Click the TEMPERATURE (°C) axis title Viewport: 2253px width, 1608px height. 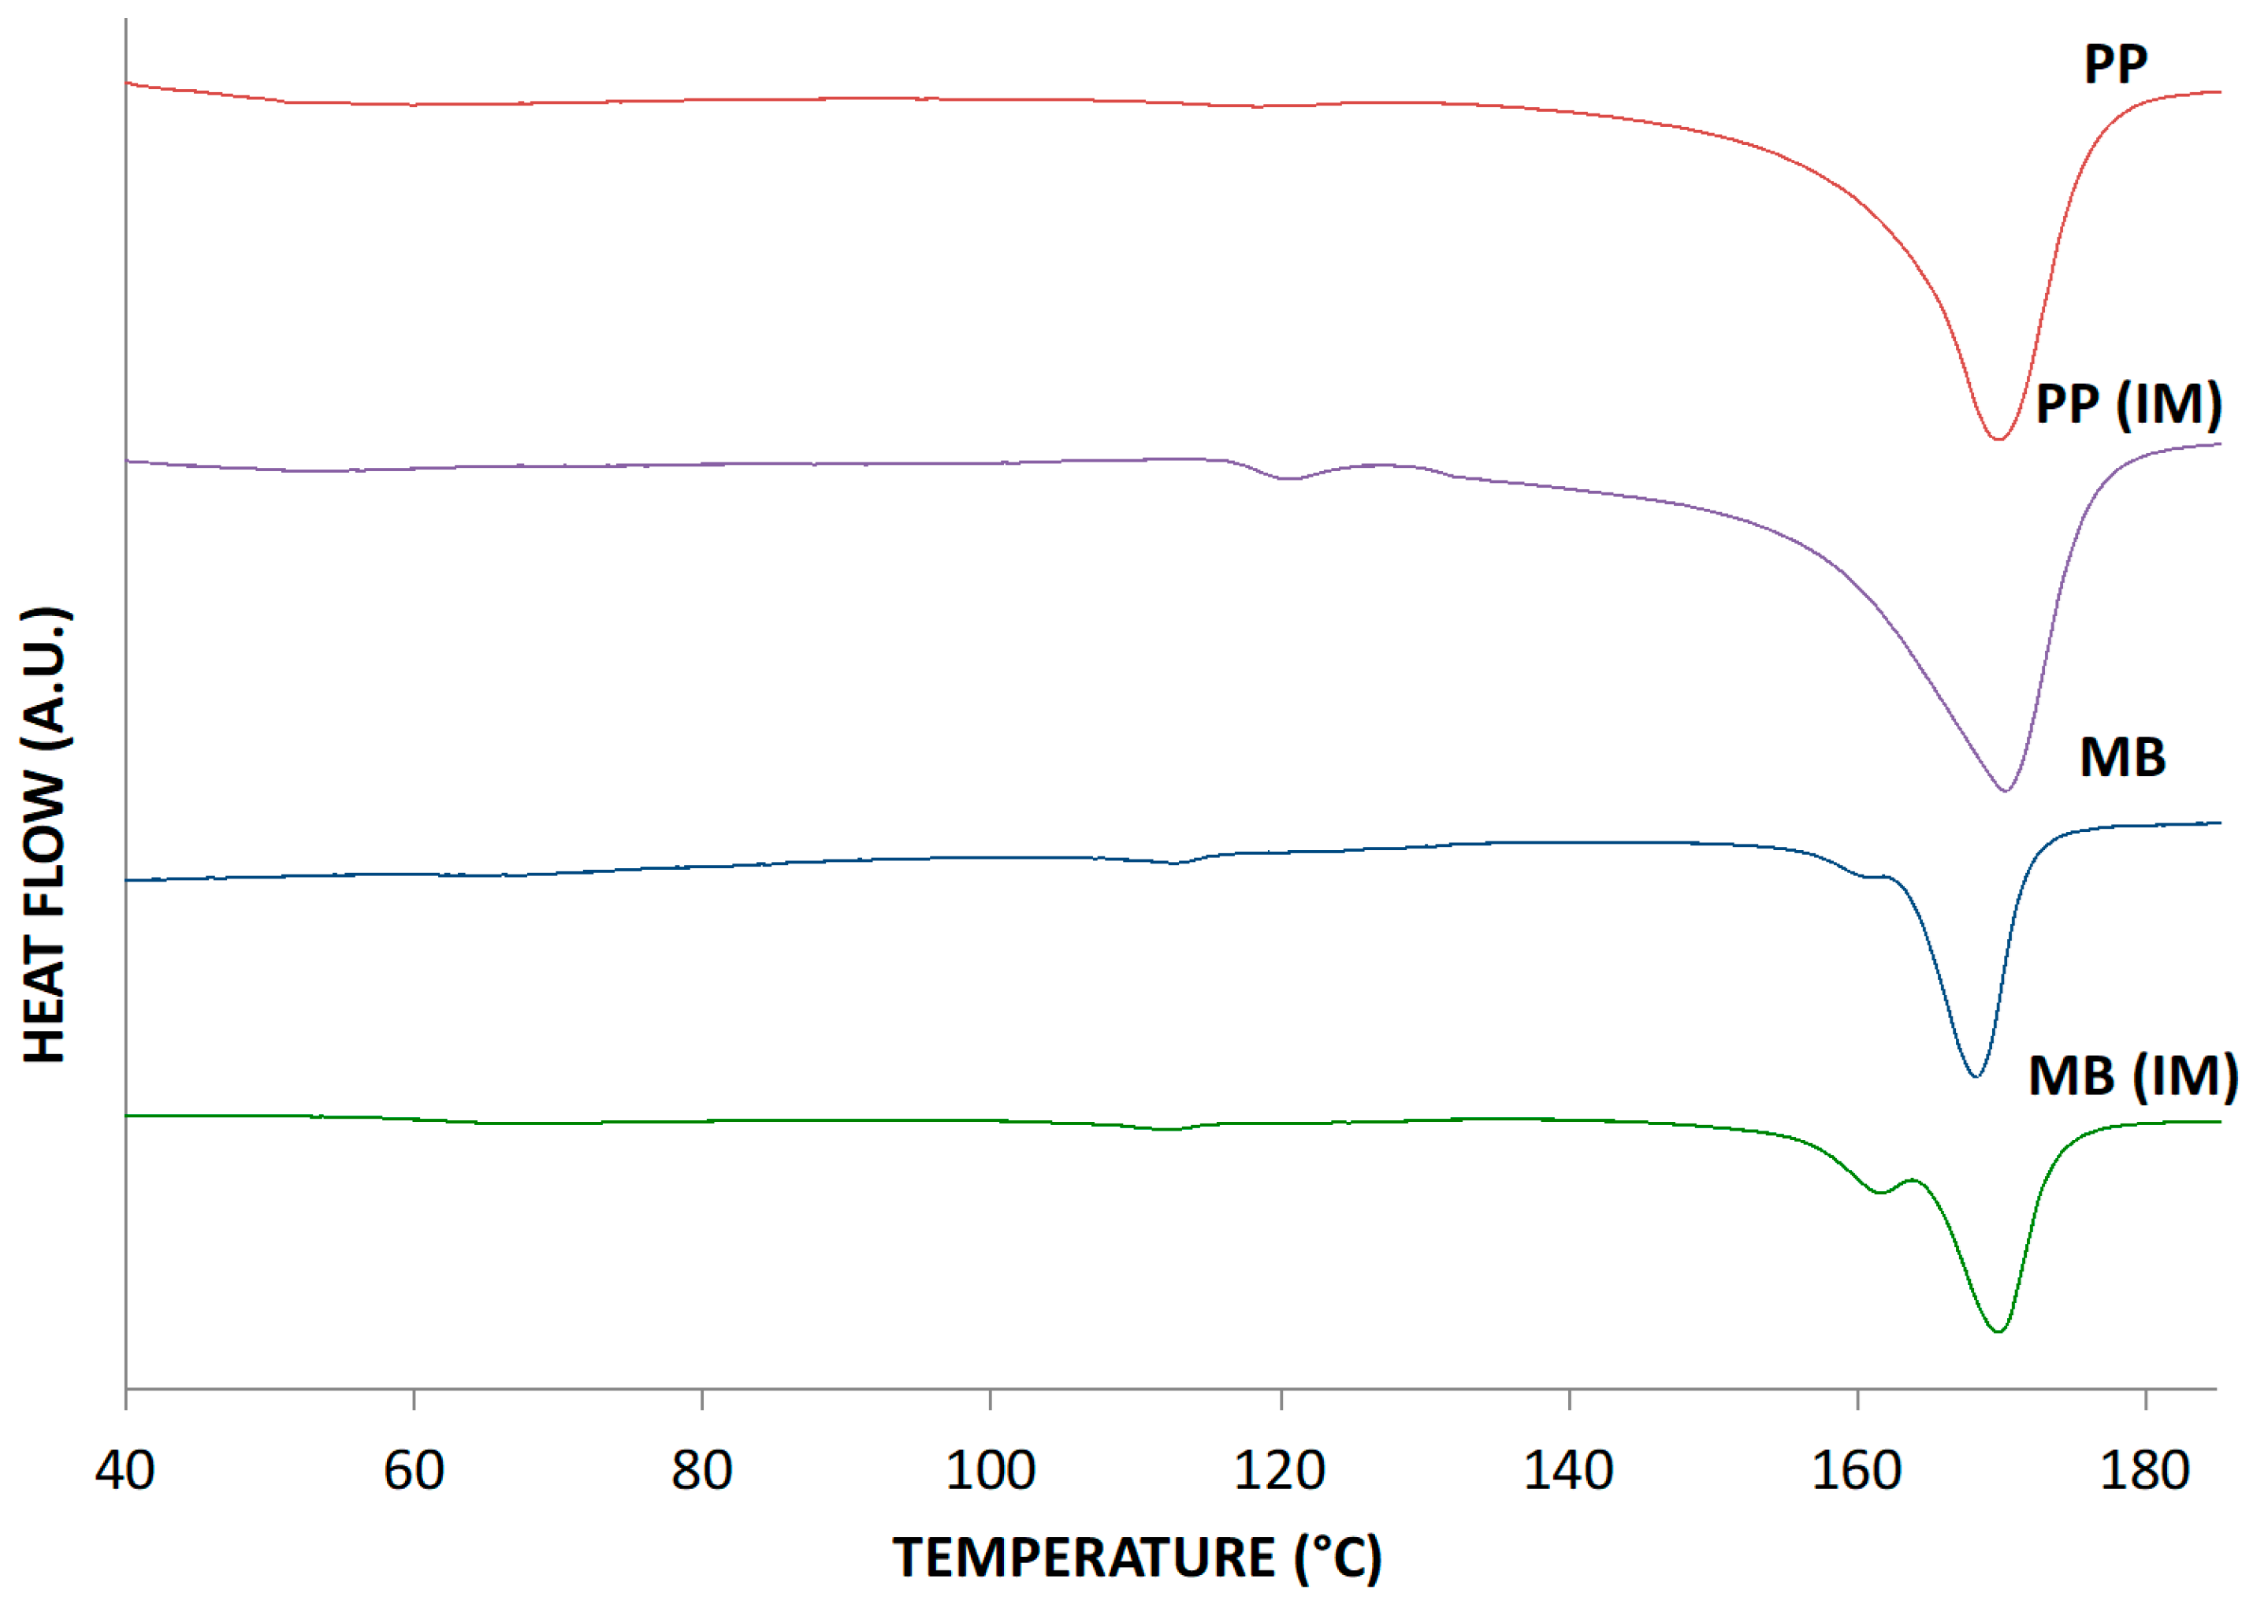pos(1137,1558)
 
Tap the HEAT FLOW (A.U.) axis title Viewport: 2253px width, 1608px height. pos(46,834)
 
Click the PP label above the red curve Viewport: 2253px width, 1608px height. pos(2115,65)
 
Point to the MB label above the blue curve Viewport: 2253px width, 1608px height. pos(2122,759)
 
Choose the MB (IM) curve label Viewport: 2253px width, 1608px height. pos(2133,1075)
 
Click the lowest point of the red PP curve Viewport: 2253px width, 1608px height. pos(1998,439)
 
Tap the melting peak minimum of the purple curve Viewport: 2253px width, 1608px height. pos(2006,790)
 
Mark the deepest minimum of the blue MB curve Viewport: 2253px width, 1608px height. pos(1976,1076)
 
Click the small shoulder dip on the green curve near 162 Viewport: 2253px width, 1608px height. pos(1879,1193)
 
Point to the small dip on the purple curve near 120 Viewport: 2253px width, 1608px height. pos(1288,478)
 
